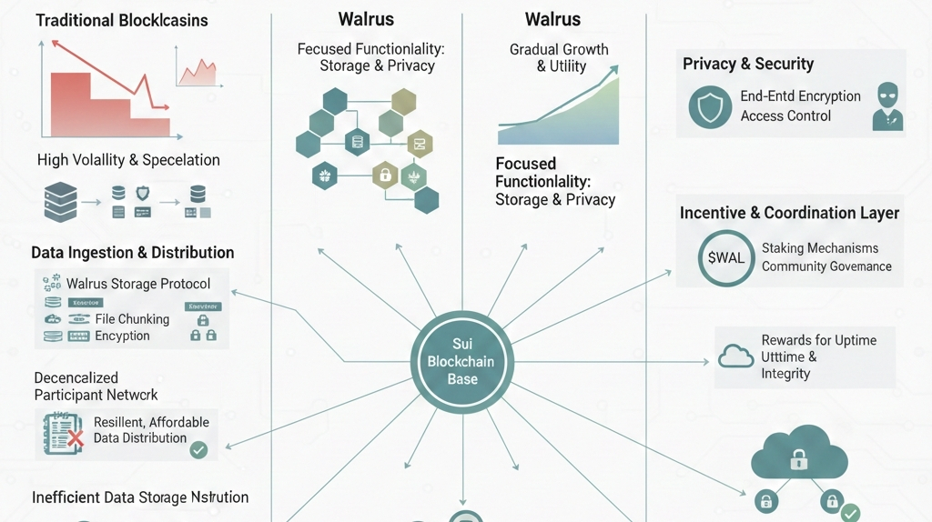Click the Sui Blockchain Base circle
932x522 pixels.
[461, 362]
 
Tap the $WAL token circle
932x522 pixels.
[725, 256]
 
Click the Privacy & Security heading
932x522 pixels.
[748, 64]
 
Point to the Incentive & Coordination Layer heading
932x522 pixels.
[789, 213]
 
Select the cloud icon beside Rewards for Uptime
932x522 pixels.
[735, 356]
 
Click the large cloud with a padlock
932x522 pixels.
[798, 454]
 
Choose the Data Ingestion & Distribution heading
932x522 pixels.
[133, 253]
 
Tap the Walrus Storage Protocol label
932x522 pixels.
[138, 284]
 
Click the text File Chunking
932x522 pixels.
[132, 319]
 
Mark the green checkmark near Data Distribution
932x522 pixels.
[198, 449]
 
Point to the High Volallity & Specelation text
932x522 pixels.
[128, 160]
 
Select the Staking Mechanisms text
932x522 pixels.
[820, 248]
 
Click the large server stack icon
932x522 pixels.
[60, 201]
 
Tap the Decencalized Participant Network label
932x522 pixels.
[96, 386]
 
